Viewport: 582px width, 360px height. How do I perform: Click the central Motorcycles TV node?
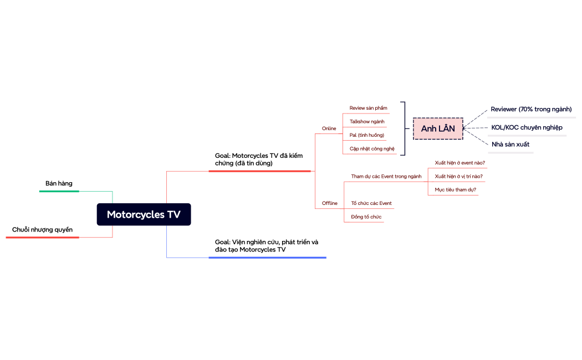pos(144,214)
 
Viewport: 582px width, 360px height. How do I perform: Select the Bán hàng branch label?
pos(59,183)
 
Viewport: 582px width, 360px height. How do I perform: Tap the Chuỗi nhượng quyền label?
pos(42,229)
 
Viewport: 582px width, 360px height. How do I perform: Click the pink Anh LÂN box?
pos(438,128)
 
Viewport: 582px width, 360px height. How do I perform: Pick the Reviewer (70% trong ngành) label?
pos(531,109)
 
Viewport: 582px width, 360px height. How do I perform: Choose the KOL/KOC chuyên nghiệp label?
pos(527,127)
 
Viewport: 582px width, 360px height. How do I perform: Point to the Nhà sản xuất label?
pos(510,144)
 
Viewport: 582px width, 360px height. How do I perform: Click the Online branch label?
pos(329,128)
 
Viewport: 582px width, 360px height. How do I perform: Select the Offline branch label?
pos(329,203)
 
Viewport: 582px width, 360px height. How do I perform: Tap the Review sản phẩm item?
pos(368,108)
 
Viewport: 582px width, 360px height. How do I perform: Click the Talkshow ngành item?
pos(366,121)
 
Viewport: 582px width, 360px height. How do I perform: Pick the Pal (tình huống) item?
pos(366,135)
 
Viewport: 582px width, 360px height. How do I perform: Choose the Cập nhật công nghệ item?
pos(371,148)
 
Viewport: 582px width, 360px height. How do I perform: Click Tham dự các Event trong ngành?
pos(386,176)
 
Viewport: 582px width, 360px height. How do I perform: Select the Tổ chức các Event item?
pos(371,203)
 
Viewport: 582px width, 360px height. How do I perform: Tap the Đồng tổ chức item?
pos(366,217)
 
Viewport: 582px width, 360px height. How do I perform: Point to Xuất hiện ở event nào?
pos(460,163)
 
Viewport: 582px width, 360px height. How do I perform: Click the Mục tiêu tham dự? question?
pos(455,189)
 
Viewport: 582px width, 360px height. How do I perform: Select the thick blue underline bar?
pos(267,258)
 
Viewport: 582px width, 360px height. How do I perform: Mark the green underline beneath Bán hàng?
pos(59,191)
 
